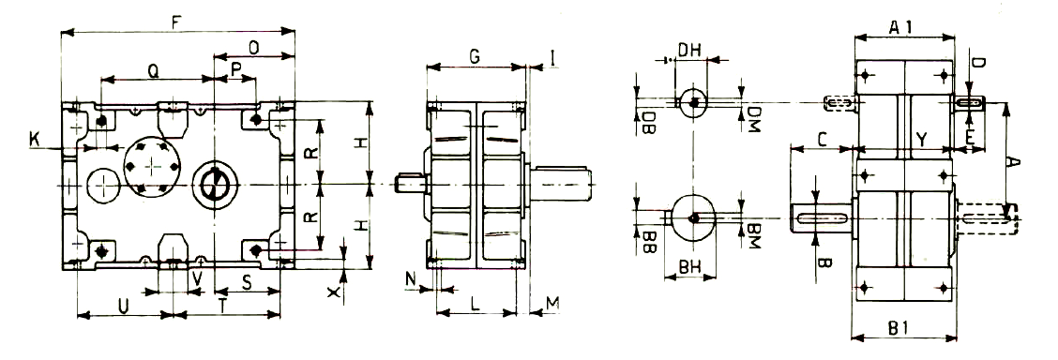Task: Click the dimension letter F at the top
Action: [176, 22]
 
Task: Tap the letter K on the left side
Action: [34, 140]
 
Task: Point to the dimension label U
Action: [123, 306]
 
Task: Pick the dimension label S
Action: [247, 283]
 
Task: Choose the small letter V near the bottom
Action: [196, 278]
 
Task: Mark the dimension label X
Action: [332, 292]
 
